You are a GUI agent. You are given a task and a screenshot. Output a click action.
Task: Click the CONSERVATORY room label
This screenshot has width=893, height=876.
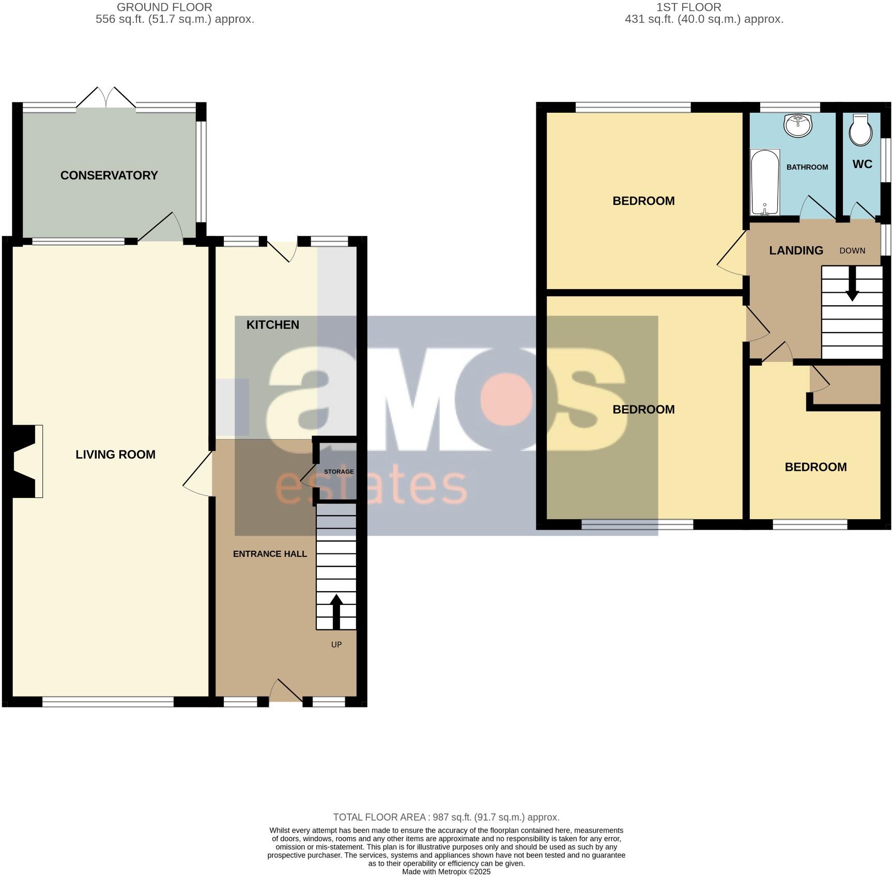click(109, 175)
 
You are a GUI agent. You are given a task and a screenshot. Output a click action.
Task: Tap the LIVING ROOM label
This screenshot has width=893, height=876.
click(115, 455)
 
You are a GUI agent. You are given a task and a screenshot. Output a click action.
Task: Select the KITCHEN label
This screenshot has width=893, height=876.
click(272, 325)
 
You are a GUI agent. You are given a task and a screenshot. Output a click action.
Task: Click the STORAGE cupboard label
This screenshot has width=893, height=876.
click(338, 472)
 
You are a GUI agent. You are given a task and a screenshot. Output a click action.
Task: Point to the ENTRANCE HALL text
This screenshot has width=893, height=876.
click(270, 554)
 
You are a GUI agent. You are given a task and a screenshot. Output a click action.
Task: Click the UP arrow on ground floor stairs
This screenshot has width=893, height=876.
click(336, 610)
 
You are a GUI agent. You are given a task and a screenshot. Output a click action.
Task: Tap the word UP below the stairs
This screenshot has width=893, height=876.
click(336, 644)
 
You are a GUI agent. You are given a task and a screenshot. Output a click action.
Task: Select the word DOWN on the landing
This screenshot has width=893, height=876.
click(852, 251)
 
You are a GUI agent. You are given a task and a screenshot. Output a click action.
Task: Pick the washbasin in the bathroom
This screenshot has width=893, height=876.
click(798, 125)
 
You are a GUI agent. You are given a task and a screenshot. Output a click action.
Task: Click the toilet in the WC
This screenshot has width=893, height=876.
click(860, 131)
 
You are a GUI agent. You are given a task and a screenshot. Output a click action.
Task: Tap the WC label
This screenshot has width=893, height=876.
click(862, 164)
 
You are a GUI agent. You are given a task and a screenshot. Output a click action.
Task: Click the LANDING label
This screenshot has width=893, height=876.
click(796, 251)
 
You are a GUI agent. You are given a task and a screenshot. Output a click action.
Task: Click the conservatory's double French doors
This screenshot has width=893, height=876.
click(106, 98)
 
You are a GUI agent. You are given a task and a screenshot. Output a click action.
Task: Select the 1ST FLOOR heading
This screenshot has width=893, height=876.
click(688, 7)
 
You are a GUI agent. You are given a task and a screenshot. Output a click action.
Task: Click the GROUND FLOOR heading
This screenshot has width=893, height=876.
click(164, 7)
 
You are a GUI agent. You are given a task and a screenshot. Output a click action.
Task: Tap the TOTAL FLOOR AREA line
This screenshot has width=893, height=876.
click(446, 817)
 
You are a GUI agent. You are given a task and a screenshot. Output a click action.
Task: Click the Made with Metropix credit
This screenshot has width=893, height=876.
click(446, 871)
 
